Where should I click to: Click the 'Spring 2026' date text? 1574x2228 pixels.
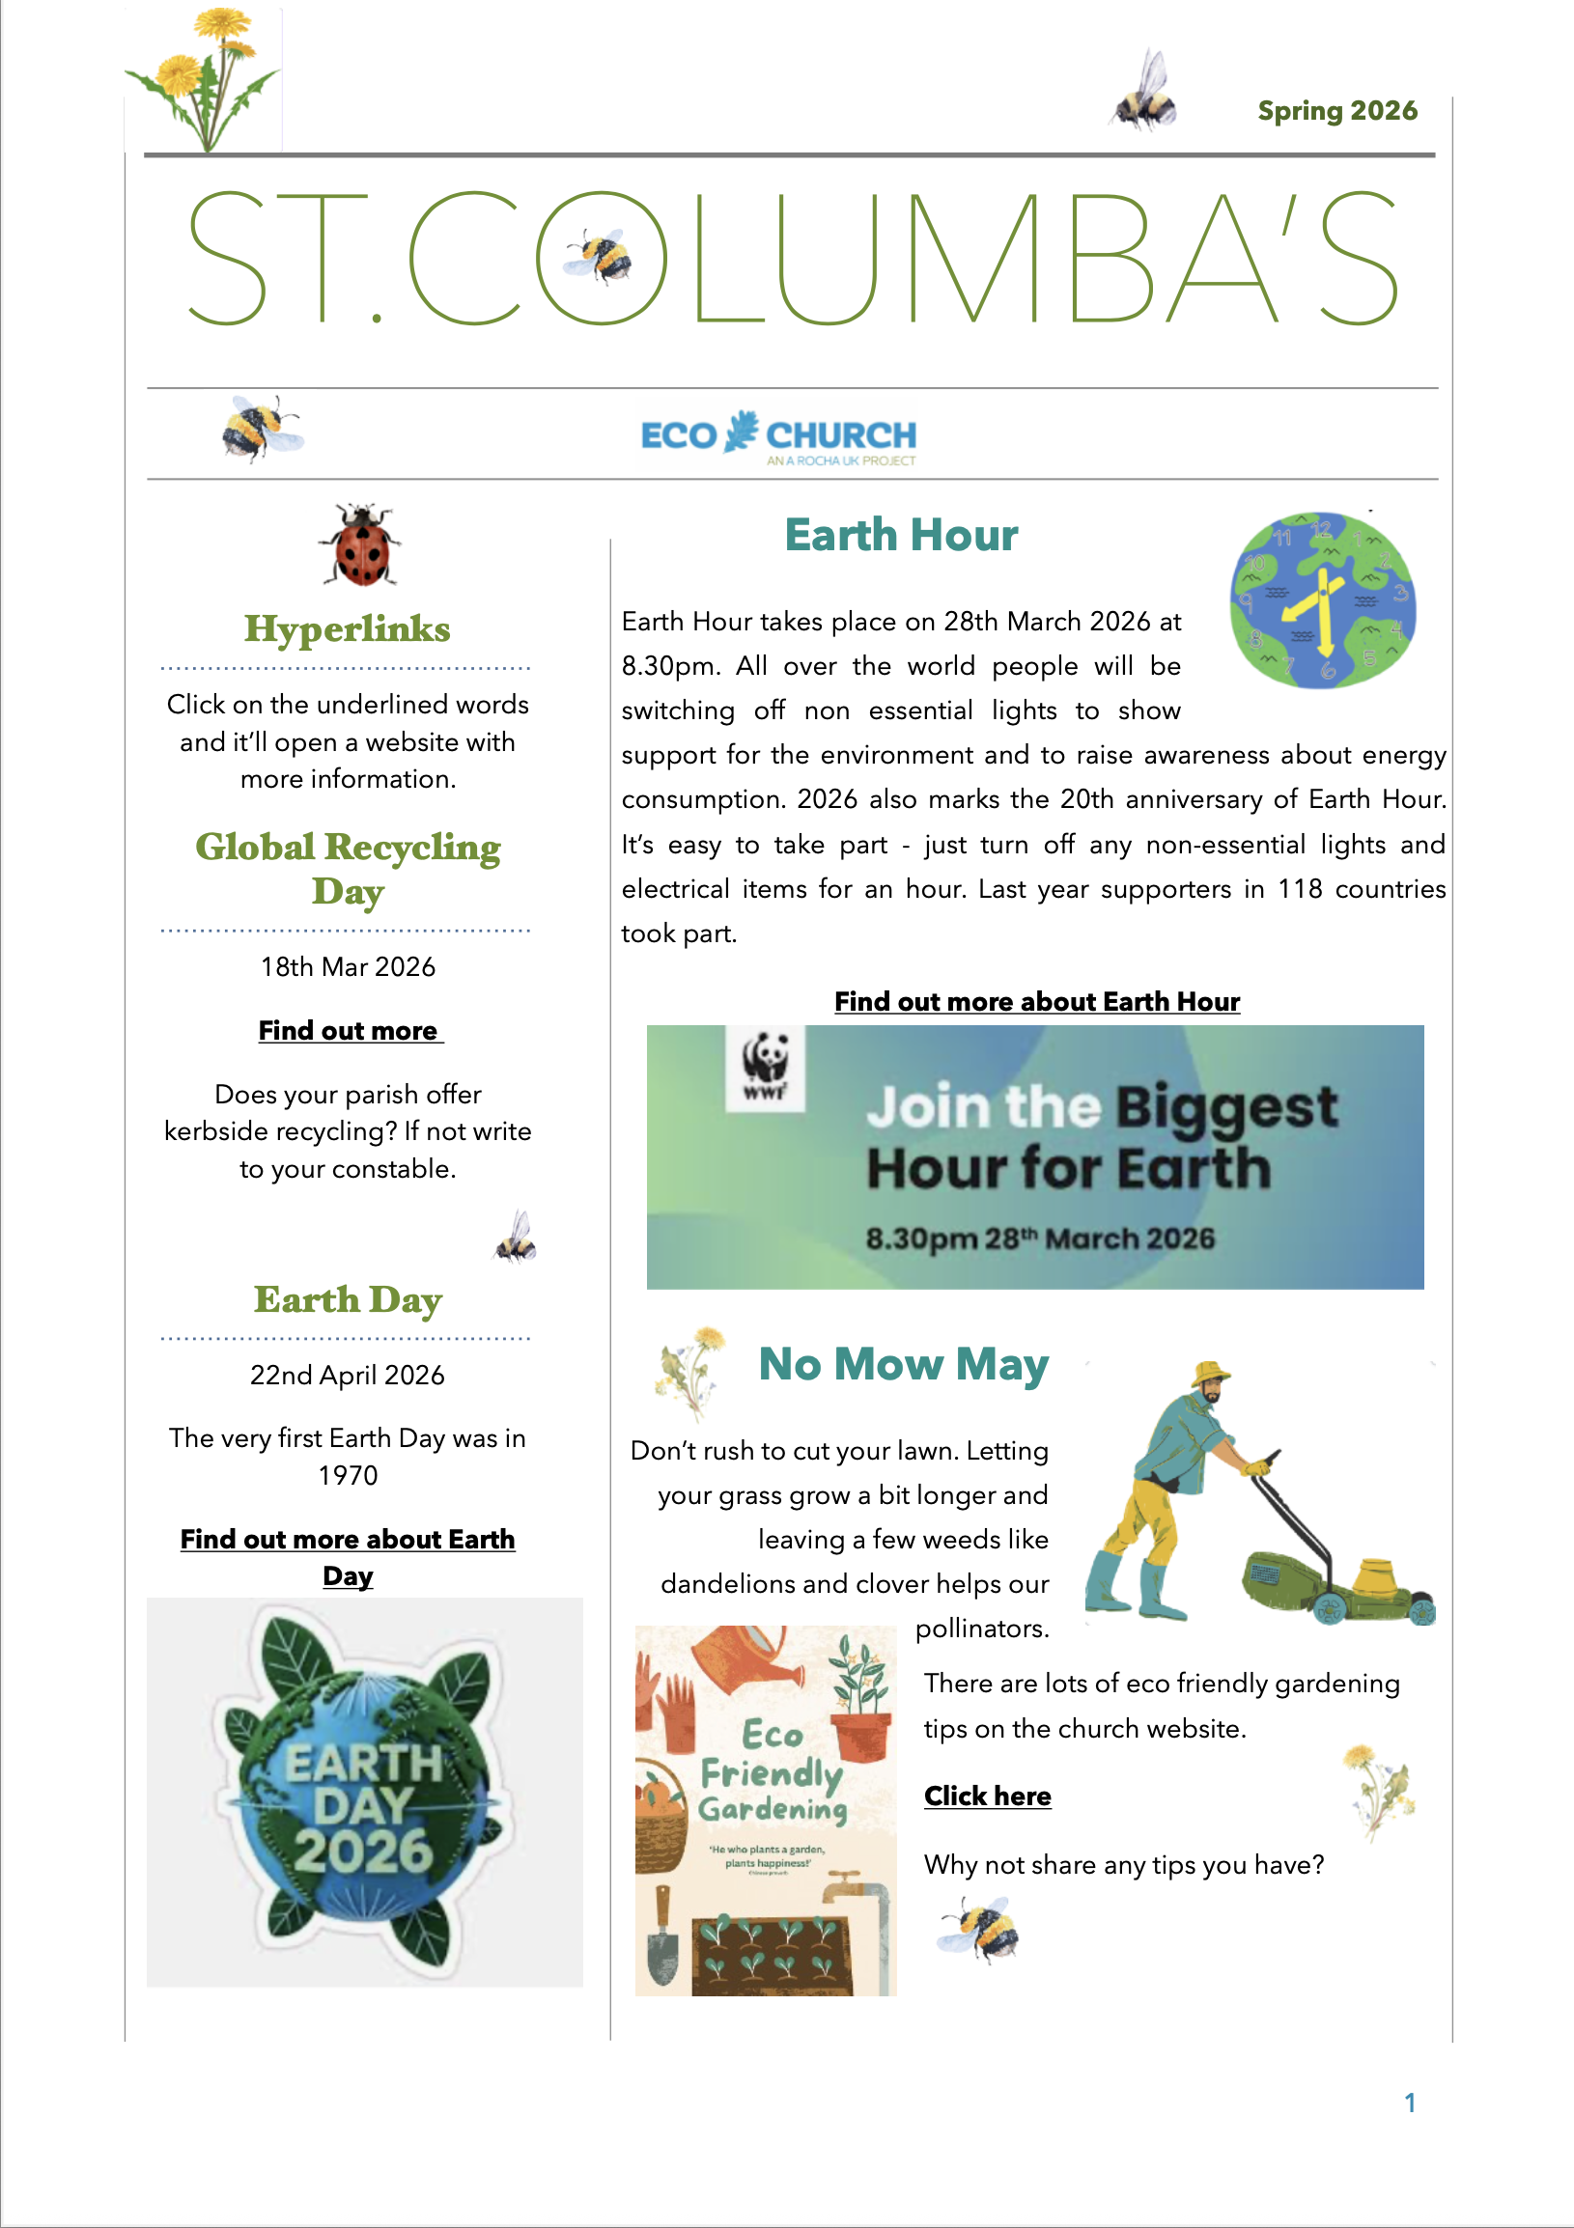(x=1336, y=112)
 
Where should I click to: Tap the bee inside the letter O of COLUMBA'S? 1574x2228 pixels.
(x=601, y=258)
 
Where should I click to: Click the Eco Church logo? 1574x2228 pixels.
(x=778, y=436)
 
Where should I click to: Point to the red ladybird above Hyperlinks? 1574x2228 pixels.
(x=361, y=546)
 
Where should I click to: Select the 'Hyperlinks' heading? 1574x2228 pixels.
(x=348, y=628)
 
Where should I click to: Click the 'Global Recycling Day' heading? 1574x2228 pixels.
(x=348, y=868)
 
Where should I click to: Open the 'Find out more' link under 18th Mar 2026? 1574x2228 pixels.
(x=349, y=1031)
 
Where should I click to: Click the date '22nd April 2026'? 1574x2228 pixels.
(x=348, y=1375)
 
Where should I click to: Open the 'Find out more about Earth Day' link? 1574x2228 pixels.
(x=348, y=1556)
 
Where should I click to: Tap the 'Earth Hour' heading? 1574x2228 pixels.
(x=901, y=536)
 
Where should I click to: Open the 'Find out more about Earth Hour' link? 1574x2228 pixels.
(x=1036, y=1001)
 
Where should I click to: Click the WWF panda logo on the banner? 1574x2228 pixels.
(x=766, y=1066)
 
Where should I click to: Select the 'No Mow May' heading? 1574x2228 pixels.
(x=903, y=1364)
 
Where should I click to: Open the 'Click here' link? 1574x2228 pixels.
(x=987, y=1796)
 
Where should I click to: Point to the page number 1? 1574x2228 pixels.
(x=1409, y=2103)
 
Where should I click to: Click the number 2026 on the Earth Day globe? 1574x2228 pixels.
(x=364, y=1851)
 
